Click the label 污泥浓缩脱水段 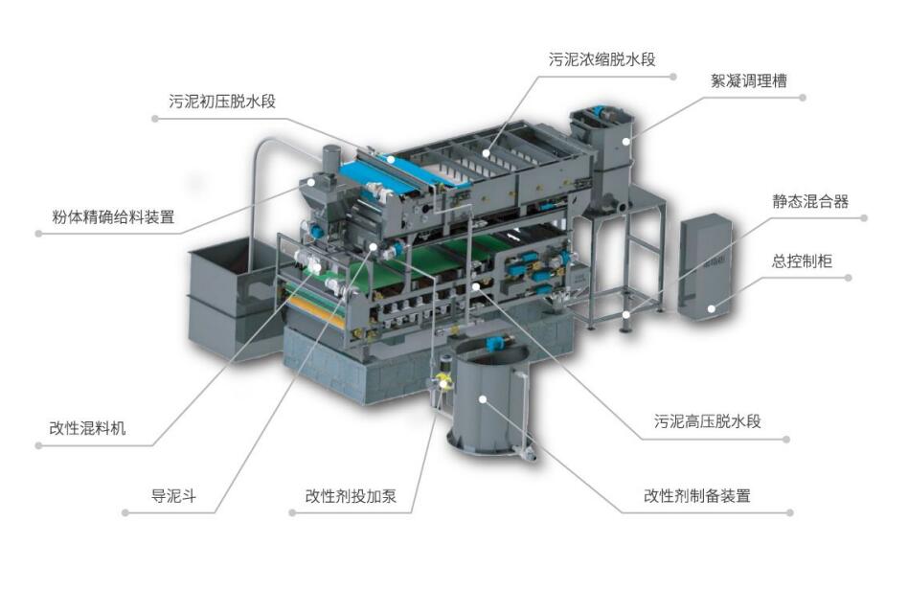[602, 59]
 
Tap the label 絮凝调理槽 [749, 80]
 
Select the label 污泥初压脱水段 [222, 102]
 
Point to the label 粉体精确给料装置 [113, 217]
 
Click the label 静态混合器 [810, 201]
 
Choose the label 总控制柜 [802, 261]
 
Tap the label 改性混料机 [87, 428]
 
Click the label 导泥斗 [173, 496]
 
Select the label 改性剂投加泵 [351, 496]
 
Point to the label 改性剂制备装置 [697, 496]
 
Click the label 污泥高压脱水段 [708, 421]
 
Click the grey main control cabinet [705, 267]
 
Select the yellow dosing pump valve [443, 382]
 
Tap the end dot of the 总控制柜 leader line [849, 278]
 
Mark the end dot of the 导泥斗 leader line [125, 512]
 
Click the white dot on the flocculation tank [626, 141]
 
